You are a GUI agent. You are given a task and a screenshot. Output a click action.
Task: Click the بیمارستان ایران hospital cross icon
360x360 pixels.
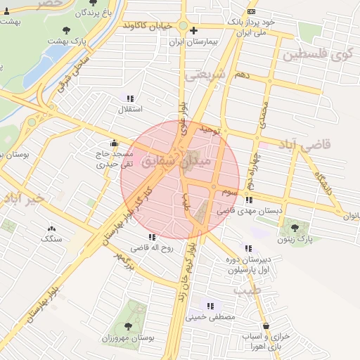(x=194, y=30)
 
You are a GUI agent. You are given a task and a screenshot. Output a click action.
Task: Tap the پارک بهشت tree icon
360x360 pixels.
(x=67, y=30)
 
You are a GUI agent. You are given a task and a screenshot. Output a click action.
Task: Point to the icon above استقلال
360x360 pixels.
(x=129, y=98)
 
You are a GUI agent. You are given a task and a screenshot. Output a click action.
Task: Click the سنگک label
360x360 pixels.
(x=51, y=239)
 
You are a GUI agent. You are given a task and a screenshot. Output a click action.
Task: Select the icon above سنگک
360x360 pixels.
(x=51, y=229)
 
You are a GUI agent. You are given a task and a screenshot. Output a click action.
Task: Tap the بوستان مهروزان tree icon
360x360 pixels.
(x=129, y=326)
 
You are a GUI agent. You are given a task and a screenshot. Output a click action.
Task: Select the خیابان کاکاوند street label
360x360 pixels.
(x=148, y=26)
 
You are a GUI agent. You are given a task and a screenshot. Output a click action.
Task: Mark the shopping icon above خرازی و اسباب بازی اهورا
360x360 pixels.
(x=266, y=326)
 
